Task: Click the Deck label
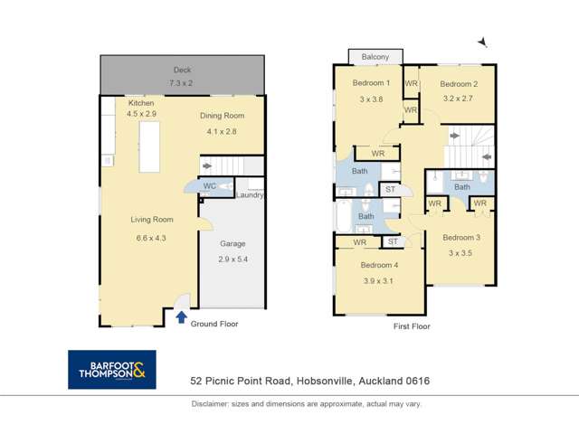[182, 70]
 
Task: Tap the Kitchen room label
[141, 104]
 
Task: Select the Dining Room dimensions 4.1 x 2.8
[221, 129]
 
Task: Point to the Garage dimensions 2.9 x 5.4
[233, 259]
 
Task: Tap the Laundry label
[248, 194]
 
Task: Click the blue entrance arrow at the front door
[181, 317]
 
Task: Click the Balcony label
[376, 56]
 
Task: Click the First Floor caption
[411, 325]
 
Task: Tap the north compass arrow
[483, 42]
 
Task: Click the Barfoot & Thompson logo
[112, 370]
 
